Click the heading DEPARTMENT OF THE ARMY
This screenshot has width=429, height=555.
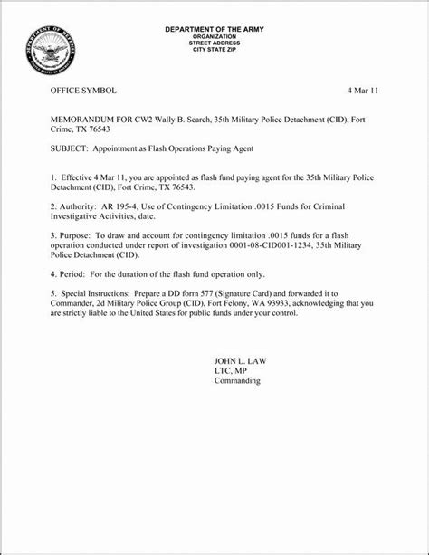tap(214, 30)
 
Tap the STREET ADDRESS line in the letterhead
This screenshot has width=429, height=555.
tap(214, 43)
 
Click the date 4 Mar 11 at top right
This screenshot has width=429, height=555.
tap(364, 92)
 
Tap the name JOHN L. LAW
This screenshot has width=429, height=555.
tap(240, 361)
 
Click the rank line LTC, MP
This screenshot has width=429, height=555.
tap(231, 371)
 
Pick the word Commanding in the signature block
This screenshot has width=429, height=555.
tap(236, 381)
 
